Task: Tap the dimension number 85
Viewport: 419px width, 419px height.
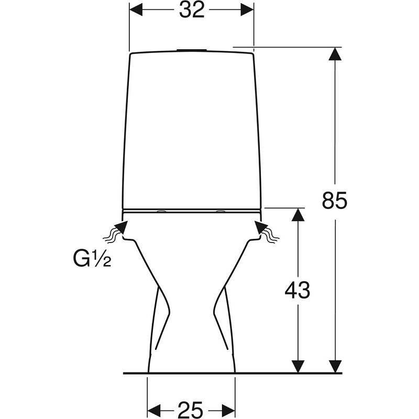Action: pos(334,201)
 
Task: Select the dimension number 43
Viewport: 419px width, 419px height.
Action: pos(297,290)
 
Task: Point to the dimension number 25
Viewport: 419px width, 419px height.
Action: pos(191,410)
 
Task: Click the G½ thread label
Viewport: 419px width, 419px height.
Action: pos(92,259)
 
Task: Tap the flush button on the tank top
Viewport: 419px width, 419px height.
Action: pos(191,50)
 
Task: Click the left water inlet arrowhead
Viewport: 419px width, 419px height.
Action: pos(121,228)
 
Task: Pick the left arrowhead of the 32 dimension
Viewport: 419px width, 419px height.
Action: pos(136,10)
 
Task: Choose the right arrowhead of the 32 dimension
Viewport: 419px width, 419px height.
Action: pos(247,10)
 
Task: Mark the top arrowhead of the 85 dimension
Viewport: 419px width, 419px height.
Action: pos(335,54)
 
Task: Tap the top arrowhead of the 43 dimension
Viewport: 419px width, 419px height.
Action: pos(298,215)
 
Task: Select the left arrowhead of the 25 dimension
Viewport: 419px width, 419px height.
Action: pos(154,410)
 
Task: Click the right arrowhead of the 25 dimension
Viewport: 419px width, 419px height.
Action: pos(228,410)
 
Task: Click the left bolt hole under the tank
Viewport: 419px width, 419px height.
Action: pos(161,212)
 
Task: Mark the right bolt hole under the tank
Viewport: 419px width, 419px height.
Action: pos(221,212)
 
